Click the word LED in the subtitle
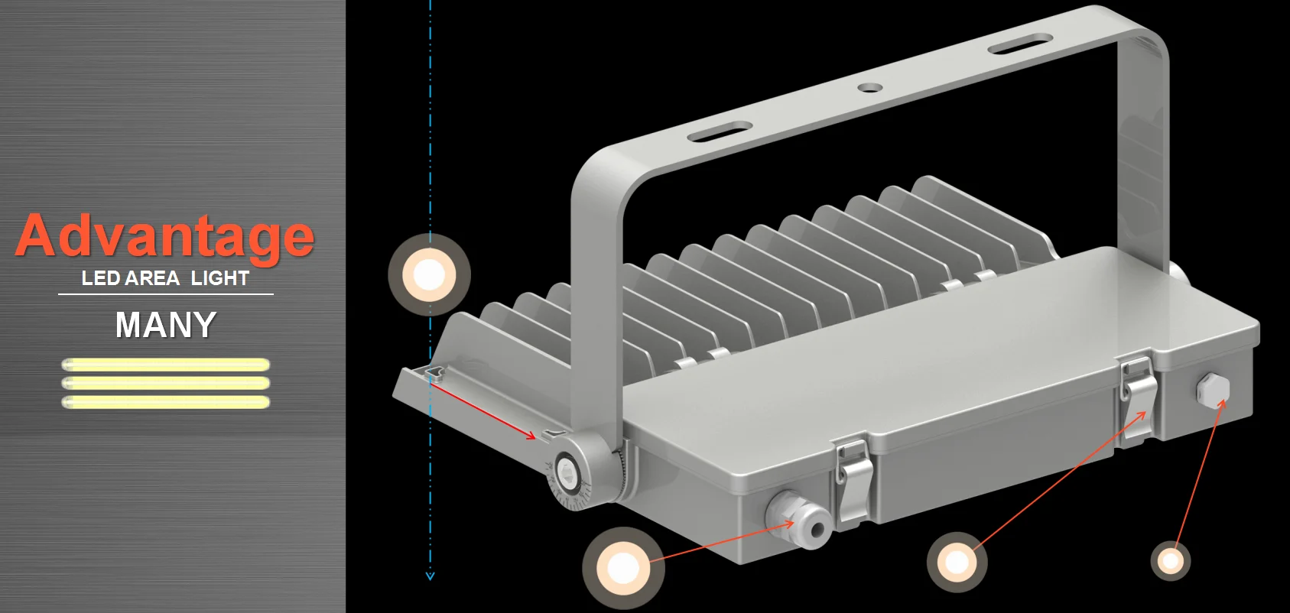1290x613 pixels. tap(97, 278)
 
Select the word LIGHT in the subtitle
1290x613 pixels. tap(220, 278)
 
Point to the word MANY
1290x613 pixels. tap(166, 325)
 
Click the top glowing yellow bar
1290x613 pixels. tap(165, 365)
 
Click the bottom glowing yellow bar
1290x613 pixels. tap(165, 402)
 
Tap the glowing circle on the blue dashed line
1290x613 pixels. tap(429, 274)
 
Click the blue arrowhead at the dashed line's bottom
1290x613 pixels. tap(430, 576)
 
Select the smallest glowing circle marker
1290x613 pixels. tap(1170, 561)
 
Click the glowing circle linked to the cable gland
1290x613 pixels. tap(623, 568)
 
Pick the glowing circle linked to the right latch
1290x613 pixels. tap(957, 563)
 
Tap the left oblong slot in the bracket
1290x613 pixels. tap(720, 131)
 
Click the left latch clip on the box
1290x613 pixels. tap(853, 478)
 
